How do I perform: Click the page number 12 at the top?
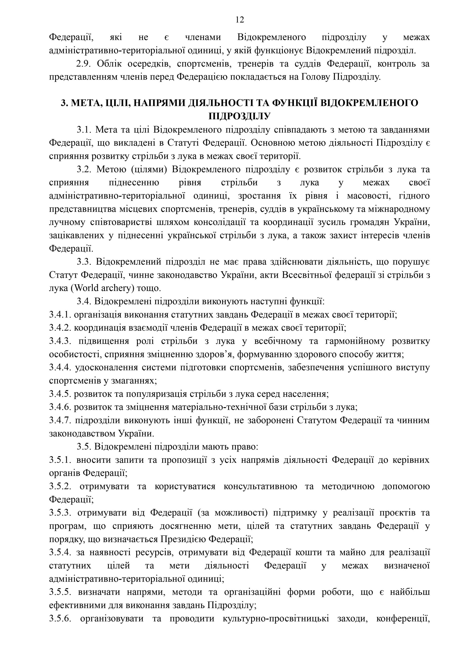tap(239, 20)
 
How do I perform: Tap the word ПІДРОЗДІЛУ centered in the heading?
tap(239, 116)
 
